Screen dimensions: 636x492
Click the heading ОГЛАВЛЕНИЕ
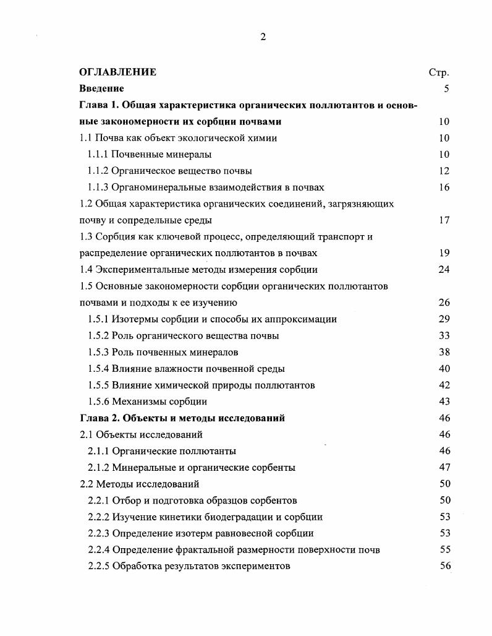coord(118,72)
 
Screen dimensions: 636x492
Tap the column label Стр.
coord(438,72)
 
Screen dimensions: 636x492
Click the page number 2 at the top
coord(263,37)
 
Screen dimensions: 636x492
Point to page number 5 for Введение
coord(446,88)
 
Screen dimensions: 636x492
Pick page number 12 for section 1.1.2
coord(444,171)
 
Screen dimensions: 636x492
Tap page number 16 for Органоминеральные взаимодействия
coord(444,187)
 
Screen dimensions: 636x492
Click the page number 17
coord(444,220)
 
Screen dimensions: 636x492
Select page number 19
coord(444,253)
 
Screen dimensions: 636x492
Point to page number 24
coord(444,270)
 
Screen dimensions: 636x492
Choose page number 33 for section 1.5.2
coord(444,336)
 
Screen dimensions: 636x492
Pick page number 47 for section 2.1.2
coord(444,468)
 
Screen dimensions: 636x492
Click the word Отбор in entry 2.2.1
coord(126,501)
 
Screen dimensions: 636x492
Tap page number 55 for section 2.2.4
coord(444,550)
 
